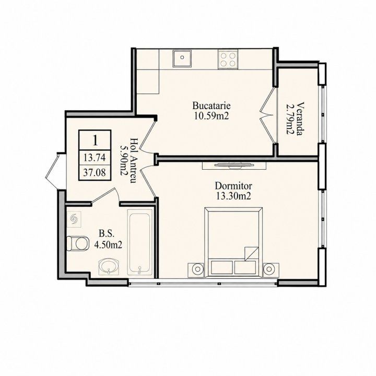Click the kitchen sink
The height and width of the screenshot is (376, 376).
[182, 58]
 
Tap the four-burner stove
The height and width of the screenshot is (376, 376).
[228, 59]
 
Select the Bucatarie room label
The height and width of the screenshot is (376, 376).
[211, 105]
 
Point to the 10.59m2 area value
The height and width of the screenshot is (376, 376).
[211, 116]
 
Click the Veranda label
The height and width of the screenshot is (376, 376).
[300, 119]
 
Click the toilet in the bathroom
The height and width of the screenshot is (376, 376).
[77, 243]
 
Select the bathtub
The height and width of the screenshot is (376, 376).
[140, 242]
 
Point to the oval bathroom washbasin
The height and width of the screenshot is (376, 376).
[109, 266]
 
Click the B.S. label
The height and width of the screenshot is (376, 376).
[107, 233]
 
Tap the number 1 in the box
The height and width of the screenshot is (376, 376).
[95, 140]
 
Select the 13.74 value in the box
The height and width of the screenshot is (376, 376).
[95, 158]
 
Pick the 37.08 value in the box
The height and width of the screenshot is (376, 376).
[95, 172]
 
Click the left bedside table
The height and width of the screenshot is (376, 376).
[196, 271]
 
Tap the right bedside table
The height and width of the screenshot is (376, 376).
[271, 271]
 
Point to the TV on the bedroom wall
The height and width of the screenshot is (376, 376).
[234, 165]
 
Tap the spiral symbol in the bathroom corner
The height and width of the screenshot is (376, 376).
[74, 219]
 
